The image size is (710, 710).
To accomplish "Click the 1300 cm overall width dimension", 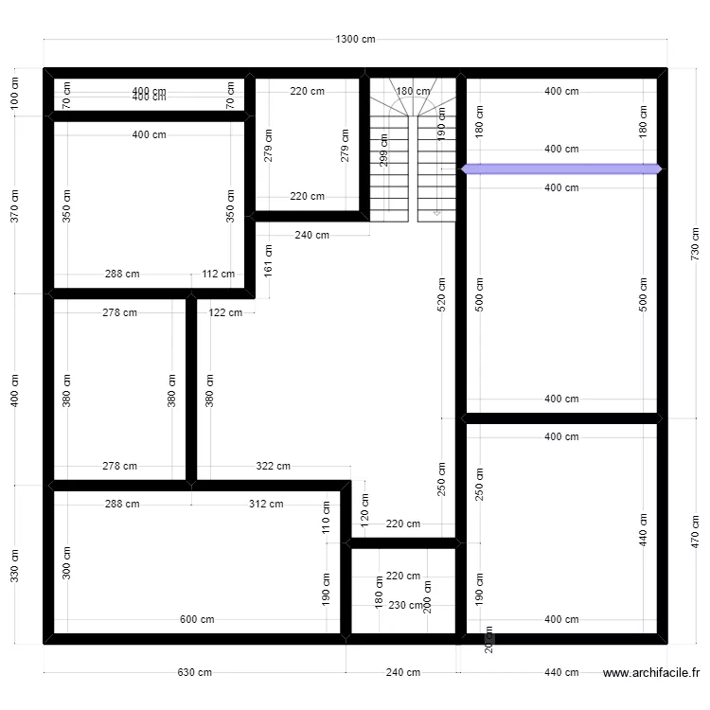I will click(355, 40).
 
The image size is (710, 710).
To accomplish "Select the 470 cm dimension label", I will click(697, 532).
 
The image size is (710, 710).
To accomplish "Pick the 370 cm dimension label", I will click(14, 205).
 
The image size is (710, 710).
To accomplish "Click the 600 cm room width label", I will click(197, 620).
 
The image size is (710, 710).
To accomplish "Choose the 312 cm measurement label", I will click(266, 504).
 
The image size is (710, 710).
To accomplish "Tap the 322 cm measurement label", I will click(273, 466).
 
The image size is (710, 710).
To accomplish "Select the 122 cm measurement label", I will click(225, 312).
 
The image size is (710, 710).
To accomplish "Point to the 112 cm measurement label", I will click(218, 275).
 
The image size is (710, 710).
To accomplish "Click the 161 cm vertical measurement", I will click(269, 260).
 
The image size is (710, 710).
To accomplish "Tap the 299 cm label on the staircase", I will click(383, 151).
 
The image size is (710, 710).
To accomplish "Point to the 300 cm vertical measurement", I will click(66, 564).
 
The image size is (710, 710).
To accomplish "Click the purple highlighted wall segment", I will click(561, 169).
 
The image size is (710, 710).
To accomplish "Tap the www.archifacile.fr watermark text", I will click(650, 673).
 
